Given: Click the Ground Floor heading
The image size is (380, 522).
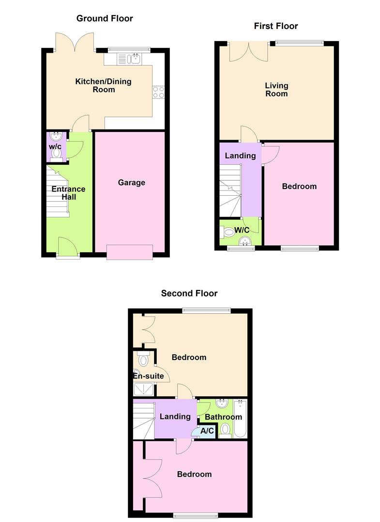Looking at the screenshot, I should tap(105, 18).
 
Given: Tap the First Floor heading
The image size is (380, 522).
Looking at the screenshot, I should tap(276, 26).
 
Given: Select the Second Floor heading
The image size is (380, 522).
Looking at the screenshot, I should tap(189, 293).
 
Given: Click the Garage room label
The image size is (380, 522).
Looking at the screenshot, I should tap(132, 183).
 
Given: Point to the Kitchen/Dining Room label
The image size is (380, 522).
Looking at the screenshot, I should tap(103, 86).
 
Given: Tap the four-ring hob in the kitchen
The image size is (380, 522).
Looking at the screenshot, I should tap(159, 92).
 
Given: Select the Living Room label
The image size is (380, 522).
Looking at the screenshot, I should tap(276, 89).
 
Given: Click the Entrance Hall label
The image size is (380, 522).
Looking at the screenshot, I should tap(69, 193).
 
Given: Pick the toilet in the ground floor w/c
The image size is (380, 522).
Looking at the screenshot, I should tap(57, 153).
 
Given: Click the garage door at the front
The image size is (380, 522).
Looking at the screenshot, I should tap(130, 252).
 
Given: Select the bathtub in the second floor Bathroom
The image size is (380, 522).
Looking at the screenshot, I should tap(240, 419).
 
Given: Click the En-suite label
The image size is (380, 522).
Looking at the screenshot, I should tap(149, 376).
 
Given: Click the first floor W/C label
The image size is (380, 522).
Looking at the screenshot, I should tap(242, 230).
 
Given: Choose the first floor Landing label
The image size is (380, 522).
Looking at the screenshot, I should tap(241, 156).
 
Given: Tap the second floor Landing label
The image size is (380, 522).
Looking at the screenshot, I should tap(175, 417).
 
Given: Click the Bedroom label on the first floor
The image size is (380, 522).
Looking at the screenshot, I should tap(299, 186).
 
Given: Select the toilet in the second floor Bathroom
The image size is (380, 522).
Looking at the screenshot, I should tap(225, 429).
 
